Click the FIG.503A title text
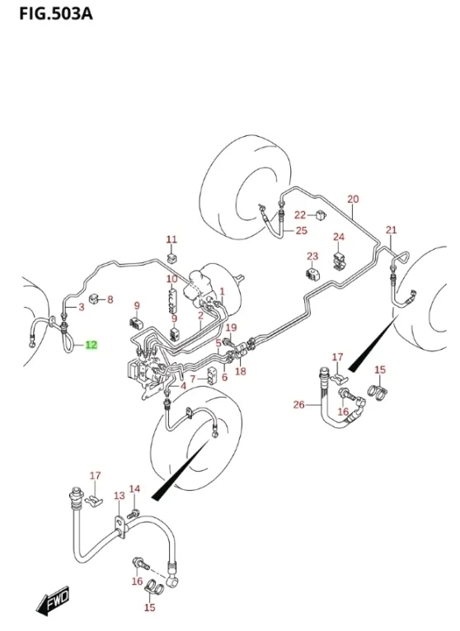55,13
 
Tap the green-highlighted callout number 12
92,345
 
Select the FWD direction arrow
52,601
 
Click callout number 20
353,199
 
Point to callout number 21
392,230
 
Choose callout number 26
298,404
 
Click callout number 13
120,496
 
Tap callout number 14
134,488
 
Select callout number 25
302,230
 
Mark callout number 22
300,215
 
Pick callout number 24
339,236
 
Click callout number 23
312,256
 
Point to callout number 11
171,239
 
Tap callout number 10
171,279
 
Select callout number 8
110,299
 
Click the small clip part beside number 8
94,299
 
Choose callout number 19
231,327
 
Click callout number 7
193,379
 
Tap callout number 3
82,307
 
